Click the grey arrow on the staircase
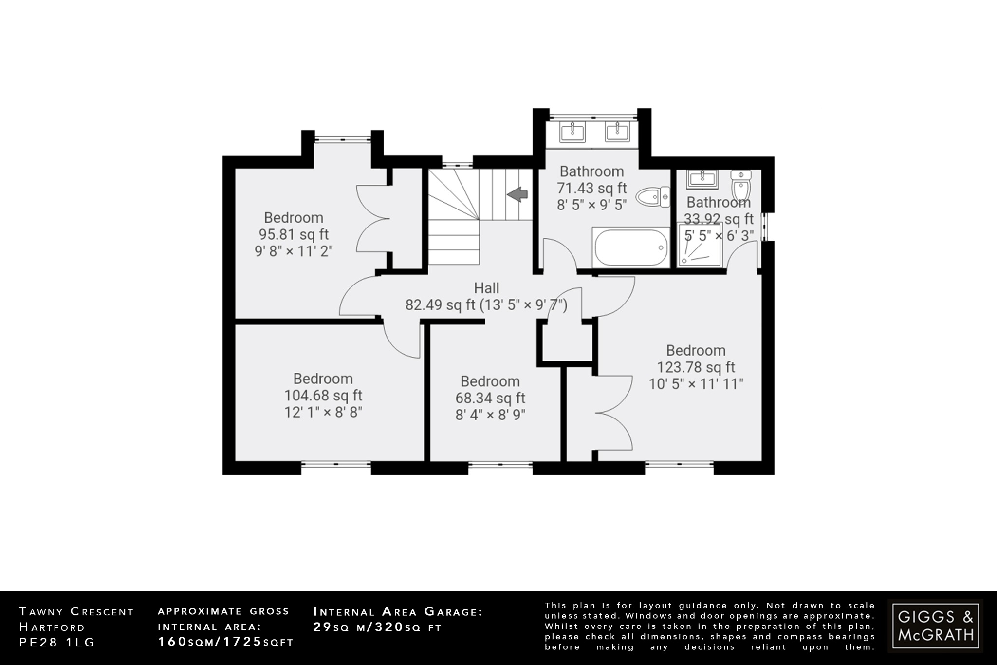coord(517,194)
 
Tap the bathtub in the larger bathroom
coord(631,247)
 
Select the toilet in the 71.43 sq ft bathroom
coord(653,197)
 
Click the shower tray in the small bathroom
coord(700,246)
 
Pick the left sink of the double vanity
coord(572,132)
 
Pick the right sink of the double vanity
coord(618,132)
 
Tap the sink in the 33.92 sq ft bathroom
coord(702,179)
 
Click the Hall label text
coord(486,288)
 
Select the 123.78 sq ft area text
coord(696,367)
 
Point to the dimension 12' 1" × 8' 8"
coord(323,413)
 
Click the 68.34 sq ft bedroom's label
coord(490,381)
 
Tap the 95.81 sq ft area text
coord(294,234)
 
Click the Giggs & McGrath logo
coord(935,626)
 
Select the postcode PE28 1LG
coord(57,643)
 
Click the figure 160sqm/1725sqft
coord(226,642)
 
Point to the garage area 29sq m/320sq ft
coord(377,627)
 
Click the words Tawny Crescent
coord(76,612)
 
